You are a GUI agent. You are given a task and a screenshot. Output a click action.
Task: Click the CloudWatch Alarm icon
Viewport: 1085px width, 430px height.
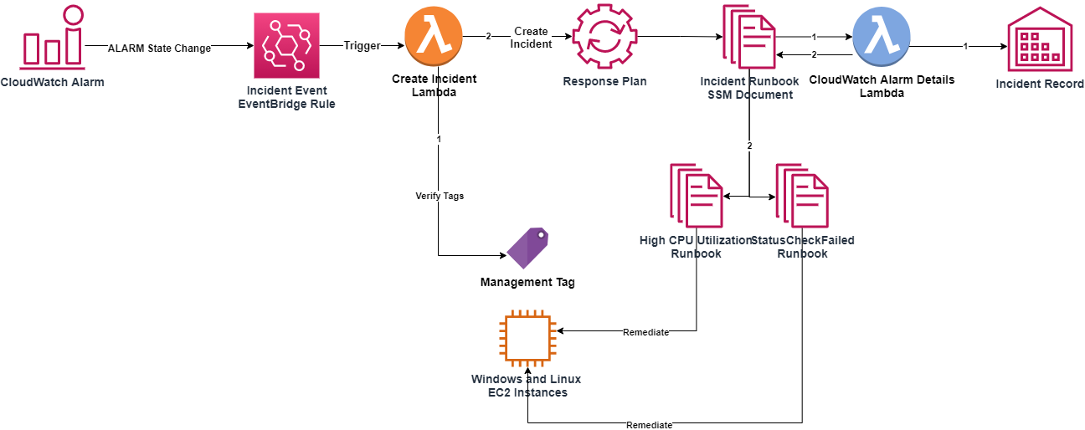pos(53,37)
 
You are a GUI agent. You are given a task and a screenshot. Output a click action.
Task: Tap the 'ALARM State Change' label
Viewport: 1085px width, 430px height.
pos(159,49)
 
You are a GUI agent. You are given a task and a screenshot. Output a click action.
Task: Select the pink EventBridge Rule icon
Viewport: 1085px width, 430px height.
pos(286,46)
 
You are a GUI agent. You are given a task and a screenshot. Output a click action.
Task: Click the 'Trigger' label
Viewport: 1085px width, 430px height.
pos(362,46)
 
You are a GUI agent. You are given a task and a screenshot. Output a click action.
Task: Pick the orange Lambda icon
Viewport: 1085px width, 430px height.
pos(433,37)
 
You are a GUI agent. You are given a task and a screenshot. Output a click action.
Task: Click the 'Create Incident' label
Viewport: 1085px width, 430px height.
pos(531,38)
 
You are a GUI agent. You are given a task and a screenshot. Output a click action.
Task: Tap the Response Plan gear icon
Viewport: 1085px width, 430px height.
pos(604,37)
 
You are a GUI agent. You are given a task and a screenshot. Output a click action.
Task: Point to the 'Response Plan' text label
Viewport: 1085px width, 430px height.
pos(604,82)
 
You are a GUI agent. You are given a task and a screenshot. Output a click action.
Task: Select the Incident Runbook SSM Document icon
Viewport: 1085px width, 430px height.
pos(749,37)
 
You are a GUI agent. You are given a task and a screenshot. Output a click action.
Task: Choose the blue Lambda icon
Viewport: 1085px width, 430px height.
pos(881,37)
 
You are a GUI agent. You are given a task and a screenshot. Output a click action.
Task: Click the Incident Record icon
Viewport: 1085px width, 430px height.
pos(1039,39)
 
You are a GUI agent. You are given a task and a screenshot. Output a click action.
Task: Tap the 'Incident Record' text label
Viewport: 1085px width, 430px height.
pos(1039,84)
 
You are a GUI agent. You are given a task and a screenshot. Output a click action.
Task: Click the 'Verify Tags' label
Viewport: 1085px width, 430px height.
pos(440,196)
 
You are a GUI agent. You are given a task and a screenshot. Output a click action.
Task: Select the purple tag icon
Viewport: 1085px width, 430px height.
pos(527,248)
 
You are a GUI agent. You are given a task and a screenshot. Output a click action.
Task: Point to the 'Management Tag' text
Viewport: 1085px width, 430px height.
pos(527,283)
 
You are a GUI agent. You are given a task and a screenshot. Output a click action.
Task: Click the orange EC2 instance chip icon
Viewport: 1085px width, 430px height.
pos(526,340)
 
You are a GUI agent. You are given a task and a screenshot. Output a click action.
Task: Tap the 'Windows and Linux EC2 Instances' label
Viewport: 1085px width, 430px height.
pos(526,386)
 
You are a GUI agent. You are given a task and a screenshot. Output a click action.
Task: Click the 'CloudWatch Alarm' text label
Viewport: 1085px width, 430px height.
pos(52,82)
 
